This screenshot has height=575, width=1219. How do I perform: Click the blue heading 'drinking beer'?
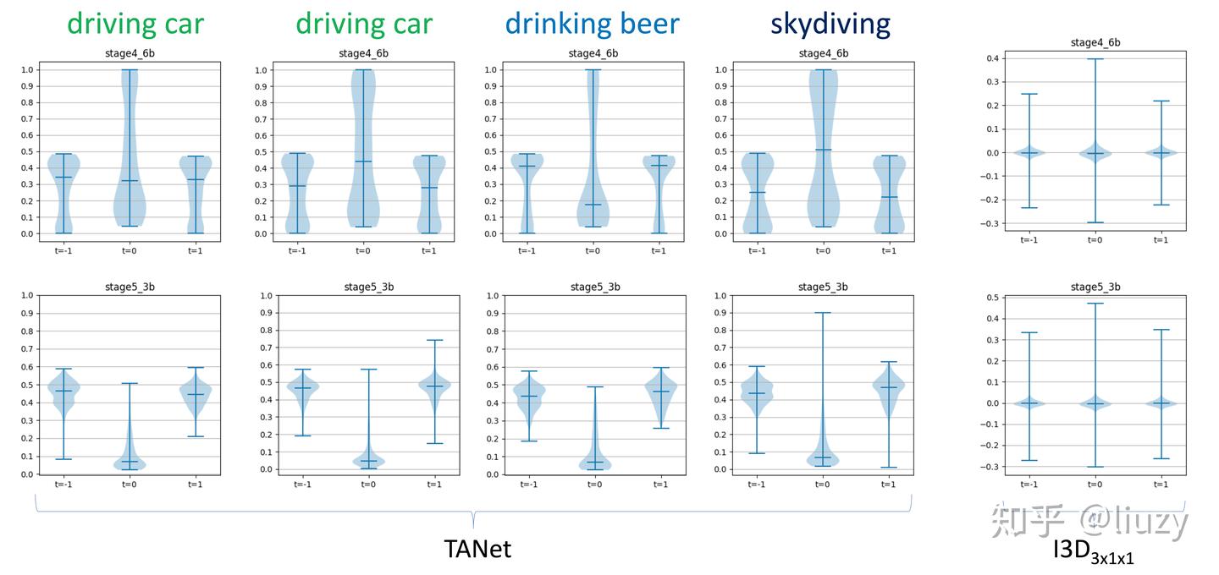(592, 24)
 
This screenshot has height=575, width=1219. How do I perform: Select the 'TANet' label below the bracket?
(477, 549)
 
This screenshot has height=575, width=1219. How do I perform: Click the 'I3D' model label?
(1071, 549)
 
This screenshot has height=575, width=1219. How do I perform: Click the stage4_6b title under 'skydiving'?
(823, 53)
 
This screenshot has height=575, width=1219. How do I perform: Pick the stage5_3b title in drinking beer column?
(594, 287)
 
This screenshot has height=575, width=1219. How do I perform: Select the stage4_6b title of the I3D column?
(1095, 42)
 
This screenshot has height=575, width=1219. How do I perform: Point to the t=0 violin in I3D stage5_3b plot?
(1095, 403)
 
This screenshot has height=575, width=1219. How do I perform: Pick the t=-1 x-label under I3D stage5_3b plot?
(1029, 485)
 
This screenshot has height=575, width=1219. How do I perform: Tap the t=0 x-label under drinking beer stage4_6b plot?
(593, 250)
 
